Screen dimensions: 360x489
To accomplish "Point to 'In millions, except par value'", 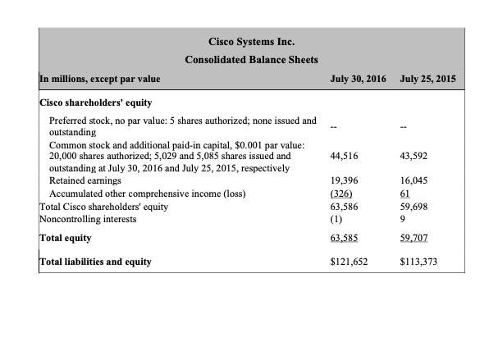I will (99, 80).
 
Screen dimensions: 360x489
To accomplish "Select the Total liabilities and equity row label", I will (95, 262).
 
